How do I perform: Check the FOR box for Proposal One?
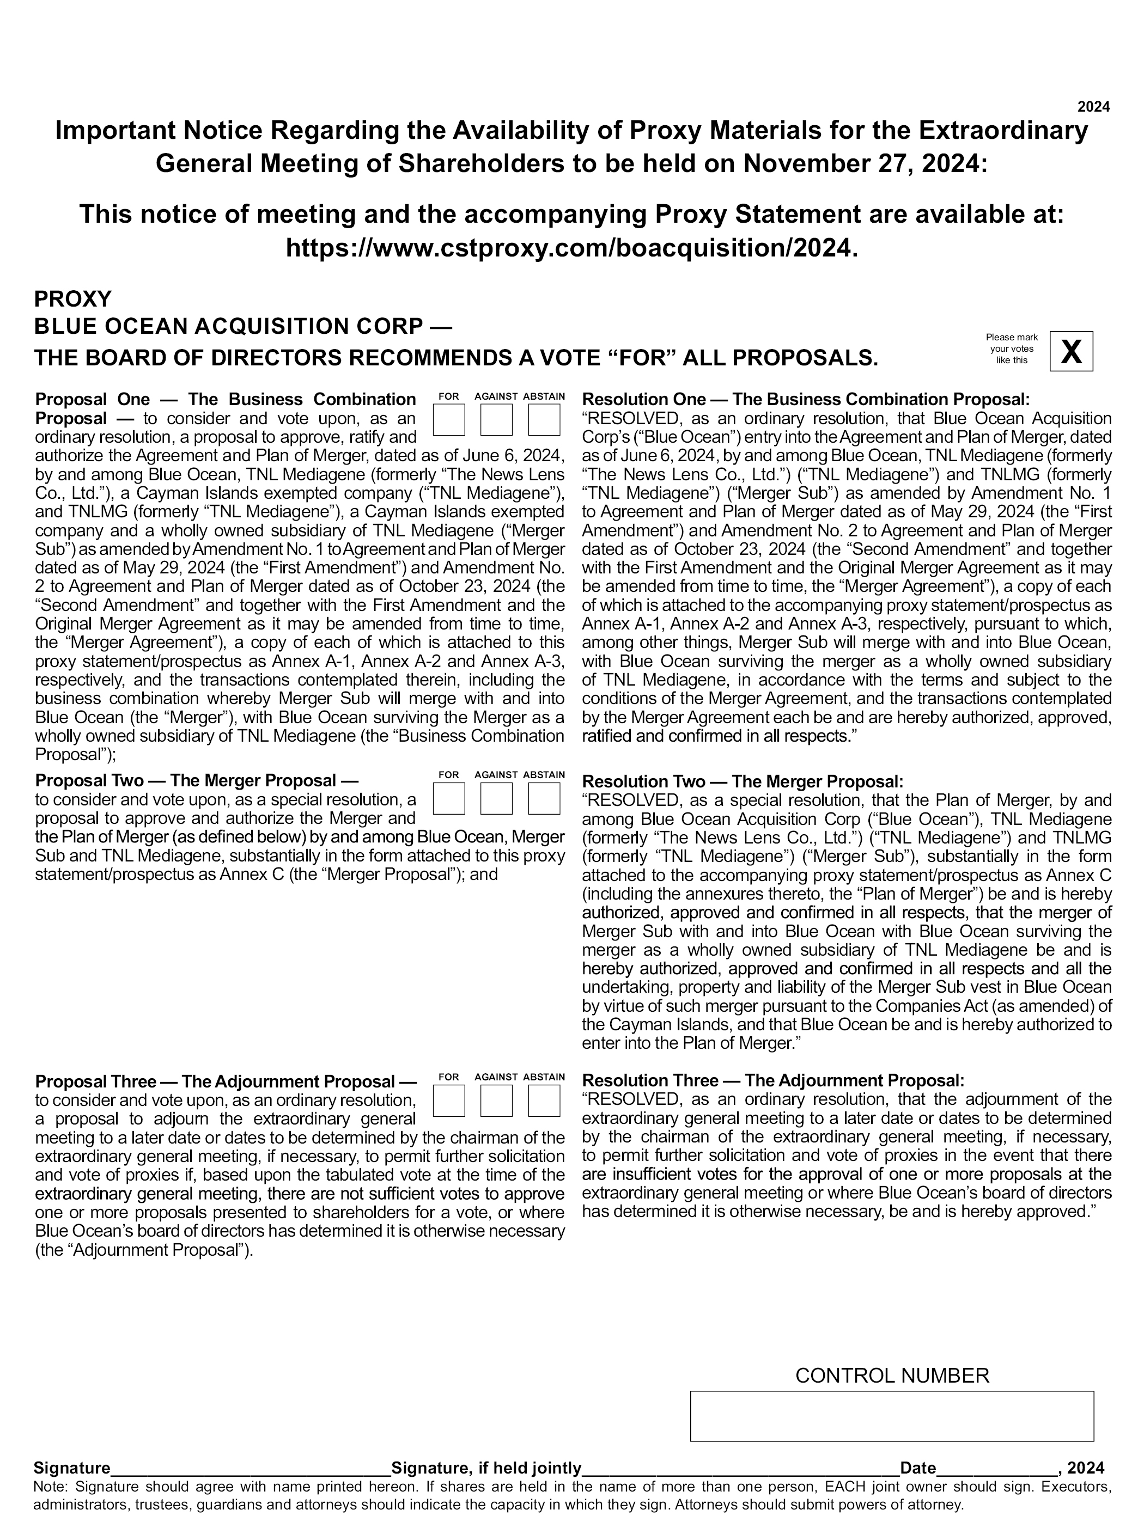(449, 420)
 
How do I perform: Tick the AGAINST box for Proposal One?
(496, 420)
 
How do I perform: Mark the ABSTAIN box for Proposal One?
(544, 420)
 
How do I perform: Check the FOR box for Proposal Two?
(449, 798)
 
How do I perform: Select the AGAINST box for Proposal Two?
(496, 798)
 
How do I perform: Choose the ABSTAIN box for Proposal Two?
(544, 798)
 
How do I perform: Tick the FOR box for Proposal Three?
(449, 1100)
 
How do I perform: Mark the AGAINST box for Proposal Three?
(496, 1100)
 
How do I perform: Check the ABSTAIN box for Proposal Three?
(544, 1100)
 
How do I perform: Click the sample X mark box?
(1071, 352)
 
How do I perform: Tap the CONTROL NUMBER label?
(892, 1376)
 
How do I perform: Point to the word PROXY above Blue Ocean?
(73, 298)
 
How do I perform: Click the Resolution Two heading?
(742, 781)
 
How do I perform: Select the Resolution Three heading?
(773, 1080)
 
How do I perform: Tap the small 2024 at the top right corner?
(1093, 107)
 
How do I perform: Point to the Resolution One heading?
(805, 400)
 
